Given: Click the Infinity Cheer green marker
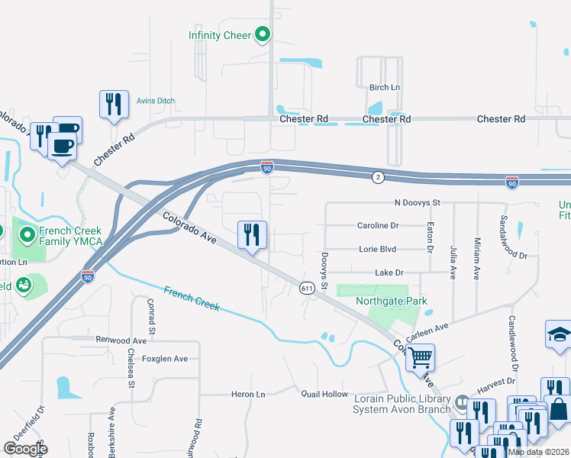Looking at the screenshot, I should (x=263, y=34).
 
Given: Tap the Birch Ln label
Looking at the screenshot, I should (x=385, y=88).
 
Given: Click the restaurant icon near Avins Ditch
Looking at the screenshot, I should (x=114, y=104).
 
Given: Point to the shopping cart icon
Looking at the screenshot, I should (x=420, y=356).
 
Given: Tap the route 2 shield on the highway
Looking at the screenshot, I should (x=377, y=177).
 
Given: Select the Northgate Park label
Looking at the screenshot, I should (x=392, y=301).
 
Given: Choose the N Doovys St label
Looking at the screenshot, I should (x=418, y=202).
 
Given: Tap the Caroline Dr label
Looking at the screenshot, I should (x=378, y=226).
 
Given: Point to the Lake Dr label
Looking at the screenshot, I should (x=389, y=273).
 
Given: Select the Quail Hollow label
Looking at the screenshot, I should (x=324, y=394).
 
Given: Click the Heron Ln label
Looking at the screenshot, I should (x=248, y=394).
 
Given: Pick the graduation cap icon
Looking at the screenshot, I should (x=558, y=334).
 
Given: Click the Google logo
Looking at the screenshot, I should (x=25, y=449).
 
